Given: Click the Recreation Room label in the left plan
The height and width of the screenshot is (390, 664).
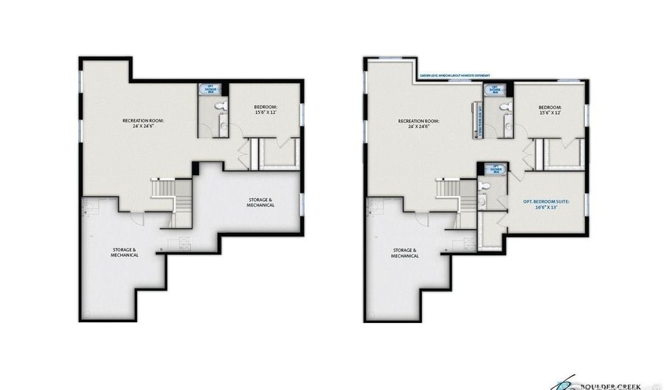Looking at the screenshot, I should tap(143, 122).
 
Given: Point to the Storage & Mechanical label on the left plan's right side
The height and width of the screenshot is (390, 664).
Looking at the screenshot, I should tap(260, 203).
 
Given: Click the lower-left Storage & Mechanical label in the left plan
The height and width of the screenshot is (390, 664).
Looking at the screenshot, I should tap(125, 252).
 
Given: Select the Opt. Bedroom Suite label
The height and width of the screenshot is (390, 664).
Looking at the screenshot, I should tap(547, 203).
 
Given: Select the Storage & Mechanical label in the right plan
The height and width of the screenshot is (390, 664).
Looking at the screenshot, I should tap(405, 252).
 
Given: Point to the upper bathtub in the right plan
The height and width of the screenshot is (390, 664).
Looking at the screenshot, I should tap(493, 90).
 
